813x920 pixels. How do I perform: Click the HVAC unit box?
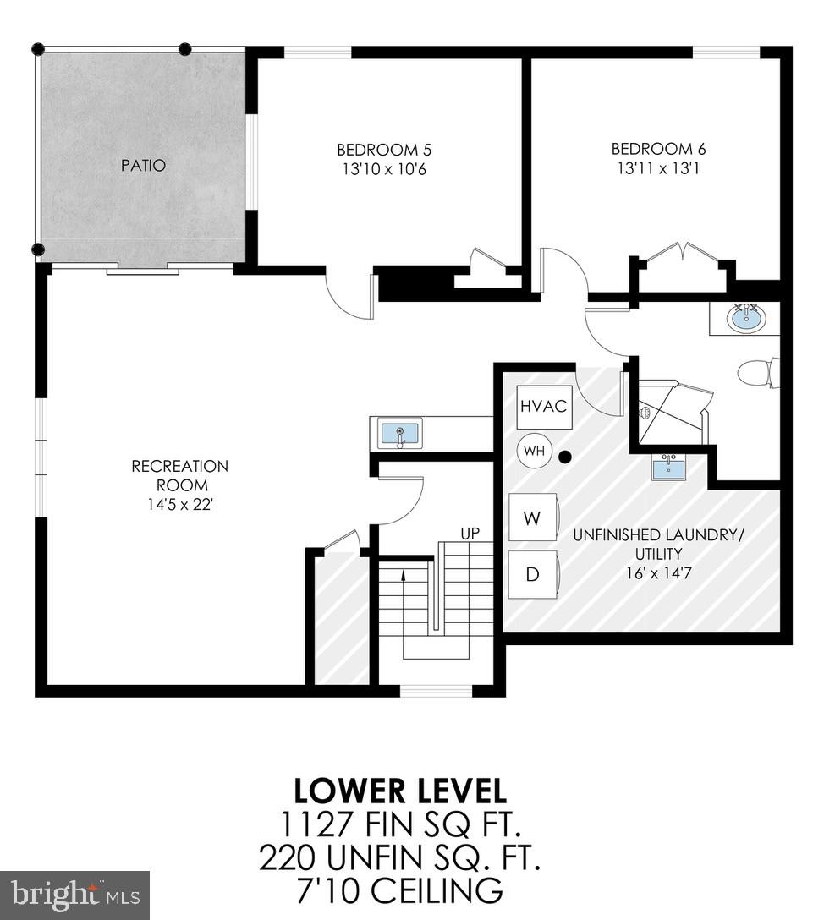pyautogui.click(x=543, y=407)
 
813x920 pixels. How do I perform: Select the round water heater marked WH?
pyautogui.click(x=534, y=451)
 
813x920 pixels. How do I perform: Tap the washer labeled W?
pyautogui.click(x=532, y=517)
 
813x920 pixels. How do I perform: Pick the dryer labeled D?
pyautogui.click(x=532, y=574)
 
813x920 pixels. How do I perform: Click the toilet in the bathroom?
pyautogui.click(x=757, y=372)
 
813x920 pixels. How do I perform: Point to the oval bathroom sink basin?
pyautogui.click(x=747, y=319)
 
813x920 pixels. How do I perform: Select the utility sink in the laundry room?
pyautogui.click(x=668, y=467)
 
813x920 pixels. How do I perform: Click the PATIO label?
pyautogui.click(x=142, y=165)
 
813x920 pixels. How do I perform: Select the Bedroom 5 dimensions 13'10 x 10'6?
pyautogui.click(x=384, y=169)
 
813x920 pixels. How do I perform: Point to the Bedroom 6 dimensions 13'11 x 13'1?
pyautogui.click(x=658, y=168)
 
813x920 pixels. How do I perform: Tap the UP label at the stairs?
pyautogui.click(x=470, y=534)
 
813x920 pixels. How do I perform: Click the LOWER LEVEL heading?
pyautogui.click(x=400, y=791)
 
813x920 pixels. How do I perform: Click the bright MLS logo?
pyautogui.click(x=74, y=893)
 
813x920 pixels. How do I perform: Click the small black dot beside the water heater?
pyautogui.click(x=565, y=457)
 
